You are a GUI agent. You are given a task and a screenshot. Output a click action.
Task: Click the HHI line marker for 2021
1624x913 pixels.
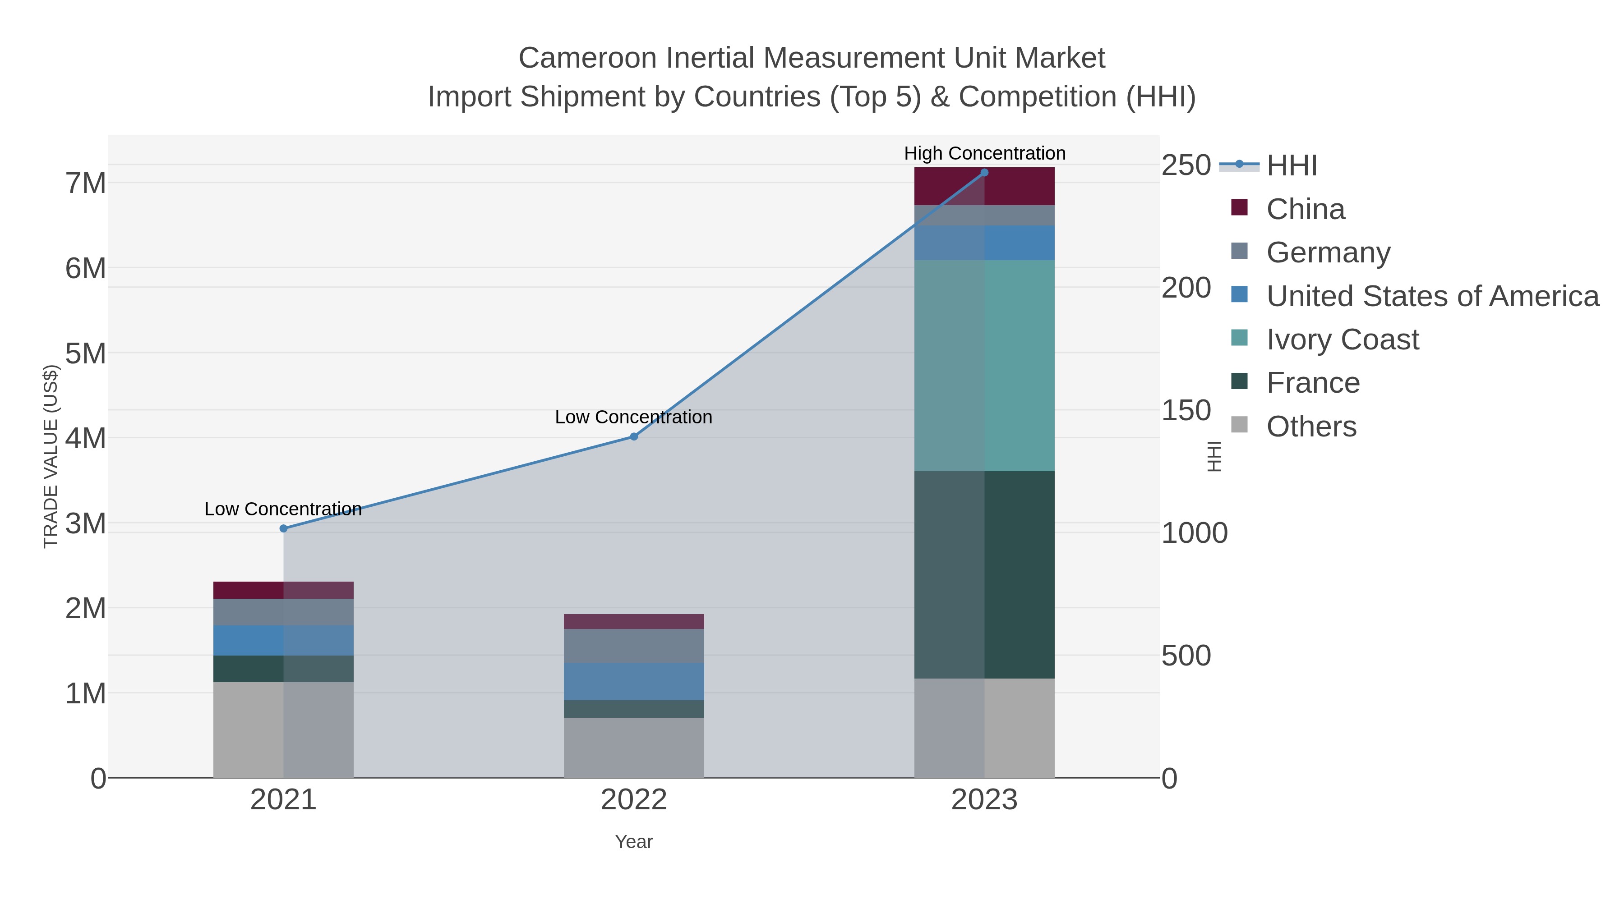point(284,529)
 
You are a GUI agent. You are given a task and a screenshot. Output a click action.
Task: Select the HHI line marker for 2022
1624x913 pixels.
point(634,436)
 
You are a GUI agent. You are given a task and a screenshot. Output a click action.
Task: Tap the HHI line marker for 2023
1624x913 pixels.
point(984,173)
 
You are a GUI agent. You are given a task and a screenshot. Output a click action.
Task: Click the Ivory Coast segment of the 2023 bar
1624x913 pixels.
point(984,366)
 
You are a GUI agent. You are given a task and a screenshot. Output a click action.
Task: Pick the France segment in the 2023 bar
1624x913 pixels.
point(984,575)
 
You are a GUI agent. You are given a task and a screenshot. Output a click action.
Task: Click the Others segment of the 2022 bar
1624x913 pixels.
point(634,747)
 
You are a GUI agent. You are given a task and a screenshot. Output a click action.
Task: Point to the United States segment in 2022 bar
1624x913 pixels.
point(634,681)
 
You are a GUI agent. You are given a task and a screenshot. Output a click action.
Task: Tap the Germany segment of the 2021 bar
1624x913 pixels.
point(284,612)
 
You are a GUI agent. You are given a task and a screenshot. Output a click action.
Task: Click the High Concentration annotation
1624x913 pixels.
point(985,154)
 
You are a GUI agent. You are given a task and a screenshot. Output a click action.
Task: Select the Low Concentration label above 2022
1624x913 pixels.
point(634,417)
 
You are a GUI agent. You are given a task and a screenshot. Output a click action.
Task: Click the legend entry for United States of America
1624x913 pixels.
point(1432,296)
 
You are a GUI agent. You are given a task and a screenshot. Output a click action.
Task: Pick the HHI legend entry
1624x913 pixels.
point(1291,166)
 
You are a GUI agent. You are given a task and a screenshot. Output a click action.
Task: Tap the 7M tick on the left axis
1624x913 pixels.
point(86,184)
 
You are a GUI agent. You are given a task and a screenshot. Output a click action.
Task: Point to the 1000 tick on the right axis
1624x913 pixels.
point(1194,533)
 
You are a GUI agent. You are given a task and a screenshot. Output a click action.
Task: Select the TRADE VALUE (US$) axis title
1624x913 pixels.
point(51,456)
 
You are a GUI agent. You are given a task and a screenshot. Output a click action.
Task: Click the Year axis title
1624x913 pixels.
point(634,842)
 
